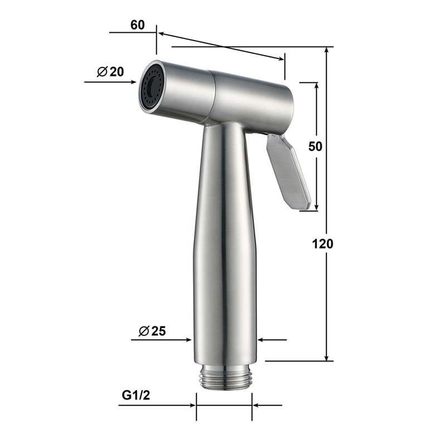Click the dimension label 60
coord(138,25)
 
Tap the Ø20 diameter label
coord(110,72)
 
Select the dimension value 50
coord(315,146)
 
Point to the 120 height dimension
coord(322,244)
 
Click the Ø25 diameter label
coord(152,331)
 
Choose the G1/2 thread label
coord(136,395)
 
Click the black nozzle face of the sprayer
coord(151,86)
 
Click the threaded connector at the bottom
coord(224,378)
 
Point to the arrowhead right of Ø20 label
coord(134,82)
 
